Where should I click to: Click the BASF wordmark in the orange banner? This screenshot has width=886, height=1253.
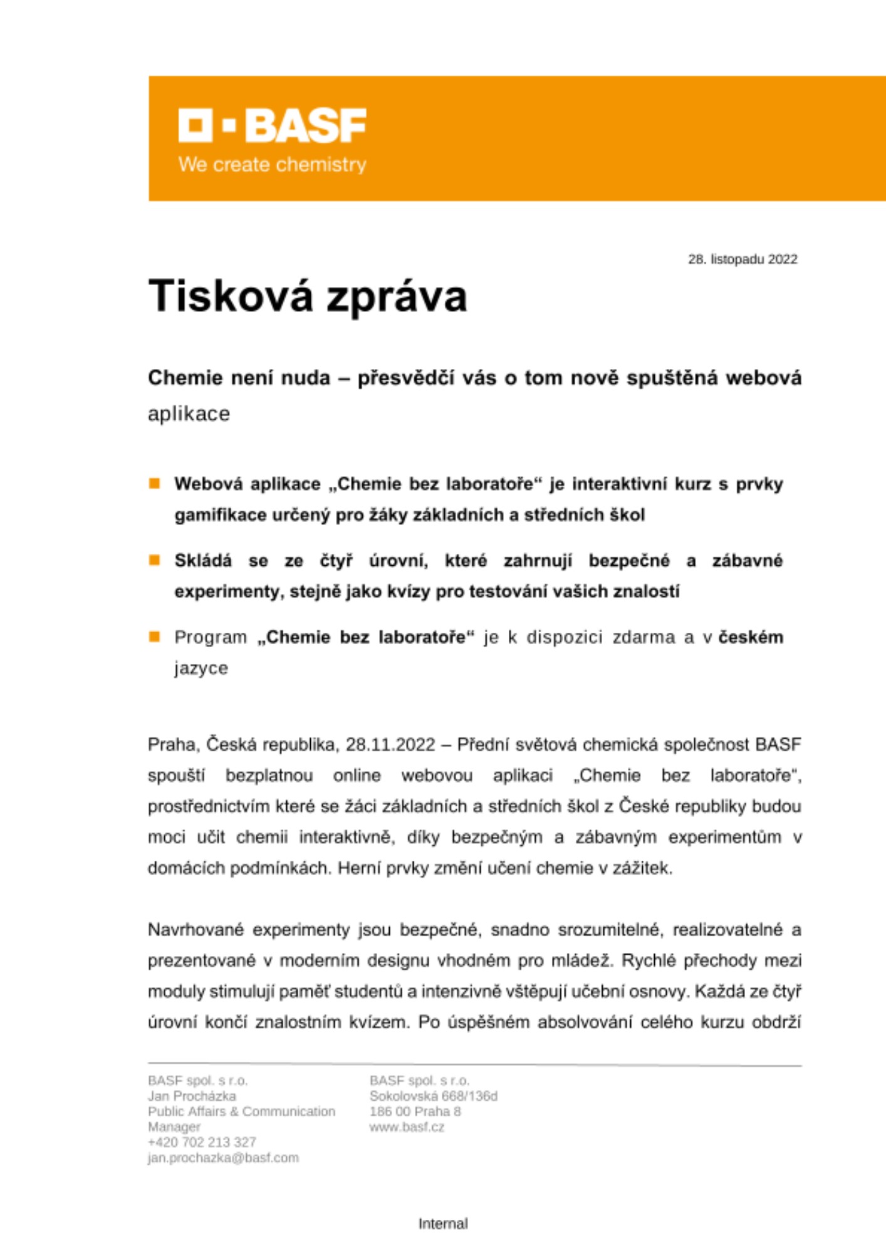click(x=273, y=125)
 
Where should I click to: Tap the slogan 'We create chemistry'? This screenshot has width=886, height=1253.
click(x=273, y=165)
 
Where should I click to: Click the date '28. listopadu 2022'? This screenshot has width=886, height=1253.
click(x=743, y=259)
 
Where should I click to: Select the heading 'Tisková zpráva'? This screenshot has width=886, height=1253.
click(x=308, y=296)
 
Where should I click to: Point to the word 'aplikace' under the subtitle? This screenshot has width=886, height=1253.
click(x=189, y=414)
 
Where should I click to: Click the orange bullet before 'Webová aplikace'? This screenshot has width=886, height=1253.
click(x=154, y=484)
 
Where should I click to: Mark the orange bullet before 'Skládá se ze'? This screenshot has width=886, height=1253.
click(x=154, y=560)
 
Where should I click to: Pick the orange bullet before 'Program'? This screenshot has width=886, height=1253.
click(x=154, y=637)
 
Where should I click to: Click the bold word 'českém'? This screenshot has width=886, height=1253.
click(x=751, y=637)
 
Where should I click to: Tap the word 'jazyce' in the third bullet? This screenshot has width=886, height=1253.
click(x=201, y=668)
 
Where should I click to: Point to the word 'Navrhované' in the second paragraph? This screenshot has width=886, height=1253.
click(x=195, y=930)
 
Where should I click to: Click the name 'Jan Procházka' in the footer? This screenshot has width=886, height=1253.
click(x=192, y=1096)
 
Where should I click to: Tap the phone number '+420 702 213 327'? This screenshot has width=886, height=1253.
click(x=202, y=1142)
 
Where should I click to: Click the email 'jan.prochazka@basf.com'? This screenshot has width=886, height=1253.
click(x=223, y=1158)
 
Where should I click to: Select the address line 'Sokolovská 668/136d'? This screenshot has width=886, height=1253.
click(x=434, y=1096)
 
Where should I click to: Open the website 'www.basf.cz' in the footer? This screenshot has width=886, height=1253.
click(x=407, y=1127)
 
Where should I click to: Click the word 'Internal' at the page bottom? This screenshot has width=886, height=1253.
click(x=443, y=1224)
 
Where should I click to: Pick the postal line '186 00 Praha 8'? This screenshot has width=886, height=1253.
click(x=415, y=1111)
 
